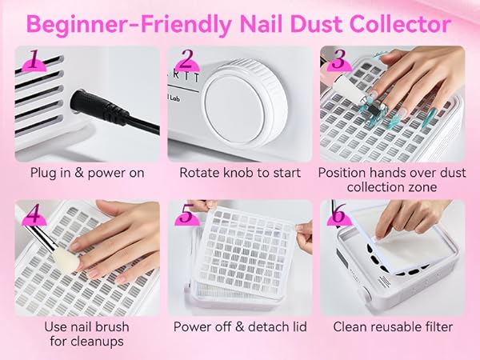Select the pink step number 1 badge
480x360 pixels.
click(33, 60)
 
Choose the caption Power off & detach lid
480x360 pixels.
click(239, 326)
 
